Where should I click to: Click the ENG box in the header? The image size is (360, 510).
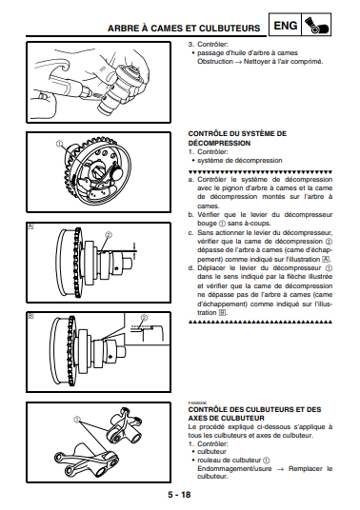pos(286,25)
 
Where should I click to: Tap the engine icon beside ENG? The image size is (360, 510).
pos(317,25)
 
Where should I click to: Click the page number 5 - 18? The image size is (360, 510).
pos(179,495)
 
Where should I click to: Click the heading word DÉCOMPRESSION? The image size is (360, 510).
pos(219,143)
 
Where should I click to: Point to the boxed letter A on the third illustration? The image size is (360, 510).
pos(30,226)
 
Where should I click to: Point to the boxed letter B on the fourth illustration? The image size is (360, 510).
pos(30,315)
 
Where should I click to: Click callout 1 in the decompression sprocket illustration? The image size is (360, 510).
pos(59,144)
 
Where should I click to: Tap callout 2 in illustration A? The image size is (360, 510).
pos(109,235)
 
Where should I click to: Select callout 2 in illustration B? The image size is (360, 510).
pos(144,318)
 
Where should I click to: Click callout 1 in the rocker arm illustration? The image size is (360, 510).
pos(77,420)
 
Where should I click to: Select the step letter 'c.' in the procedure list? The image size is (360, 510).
pos(191,233)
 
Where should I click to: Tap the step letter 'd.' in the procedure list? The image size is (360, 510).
pos(191,268)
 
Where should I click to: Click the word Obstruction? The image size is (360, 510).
pos(215,62)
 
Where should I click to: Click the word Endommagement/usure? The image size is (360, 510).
pos(234,469)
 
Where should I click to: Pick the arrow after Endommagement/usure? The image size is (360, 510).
pos(280,469)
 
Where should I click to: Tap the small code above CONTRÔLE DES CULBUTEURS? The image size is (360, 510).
pos(195,403)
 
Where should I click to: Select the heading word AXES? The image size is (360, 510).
pos(197,418)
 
